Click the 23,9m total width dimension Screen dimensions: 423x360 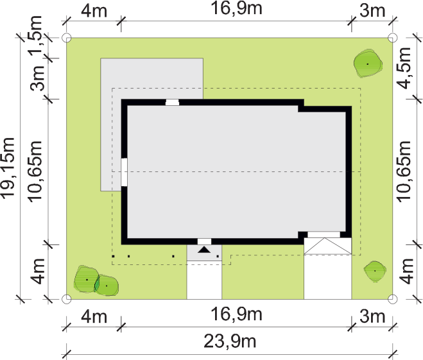click(x=230, y=341)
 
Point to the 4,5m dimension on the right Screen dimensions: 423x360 click(x=404, y=68)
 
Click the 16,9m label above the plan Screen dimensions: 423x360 click(x=236, y=8)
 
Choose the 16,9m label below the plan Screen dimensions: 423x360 click(x=236, y=314)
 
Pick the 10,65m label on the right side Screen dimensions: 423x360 click(x=404, y=171)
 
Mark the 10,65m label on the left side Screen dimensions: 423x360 click(x=35, y=171)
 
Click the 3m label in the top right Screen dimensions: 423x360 click(x=372, y=11)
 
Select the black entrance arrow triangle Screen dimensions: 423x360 click(x=204, y=250)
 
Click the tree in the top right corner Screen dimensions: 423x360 click(x=368, y=64)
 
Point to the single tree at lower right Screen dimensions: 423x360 click(x=375, y=271)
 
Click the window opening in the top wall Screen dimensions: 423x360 click(x=172, y=103)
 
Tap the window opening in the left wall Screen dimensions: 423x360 click(x=124, y=172)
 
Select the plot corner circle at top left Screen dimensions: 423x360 click(x=67, y=38)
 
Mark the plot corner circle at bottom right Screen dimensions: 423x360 click(x=393, y=299)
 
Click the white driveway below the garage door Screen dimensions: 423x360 click(x=328, y=277)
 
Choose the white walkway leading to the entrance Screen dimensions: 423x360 click(x=204, y=280)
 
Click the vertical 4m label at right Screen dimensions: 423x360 click(x=406, y=271)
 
